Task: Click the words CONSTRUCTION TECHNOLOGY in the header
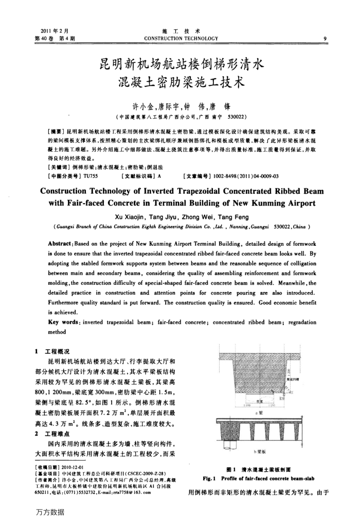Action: coord(181,38)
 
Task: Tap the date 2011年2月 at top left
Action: coord(43,31)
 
